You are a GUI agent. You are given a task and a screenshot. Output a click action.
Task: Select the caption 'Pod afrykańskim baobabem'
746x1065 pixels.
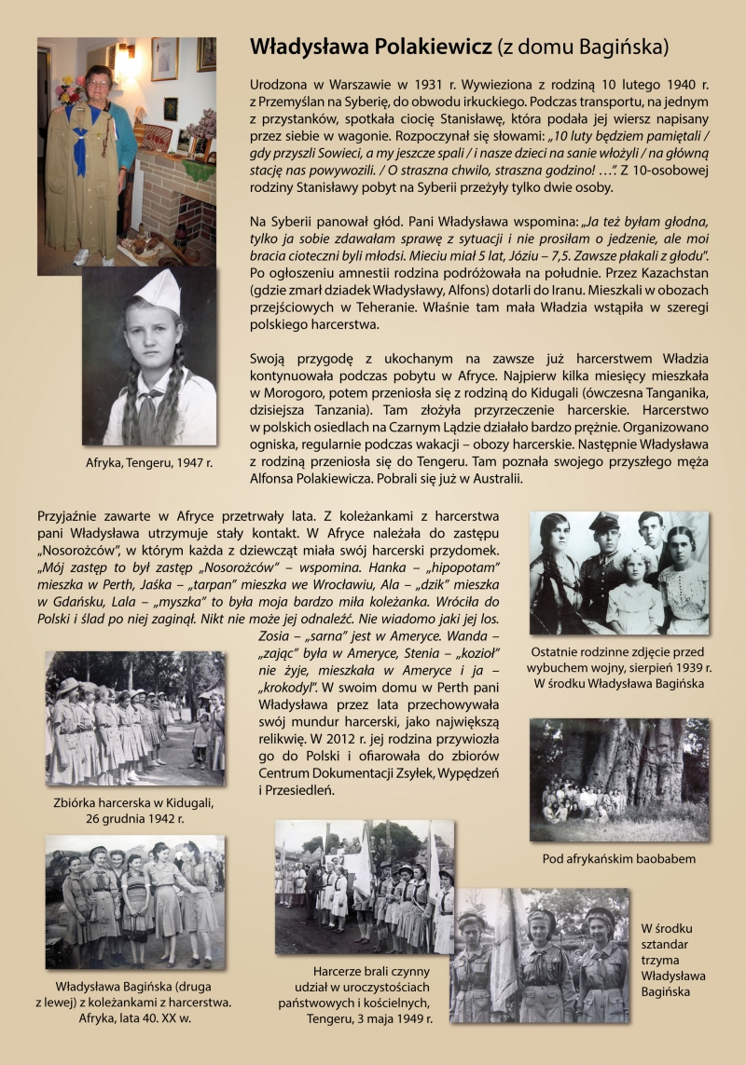(618, 857)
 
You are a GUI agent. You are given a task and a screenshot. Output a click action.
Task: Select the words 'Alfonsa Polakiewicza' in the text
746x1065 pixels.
(316, 479)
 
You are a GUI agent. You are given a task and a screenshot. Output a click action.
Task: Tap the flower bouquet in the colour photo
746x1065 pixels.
(68, 89)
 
